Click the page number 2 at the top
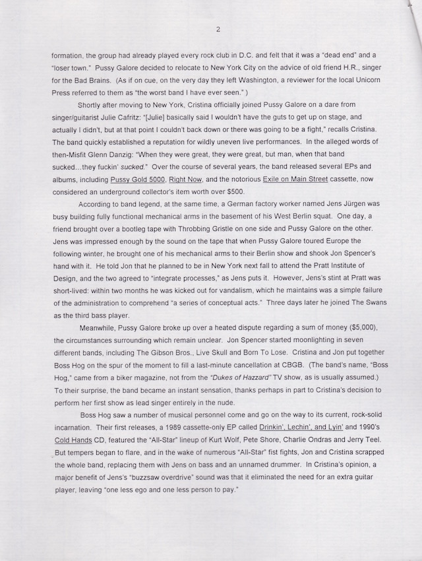217,29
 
